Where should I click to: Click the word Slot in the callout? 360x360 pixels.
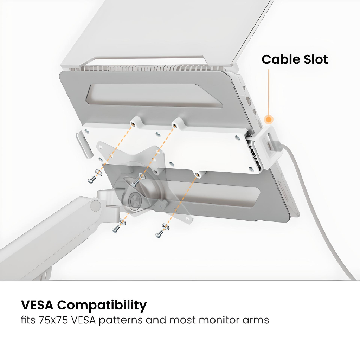(x=315, y=59)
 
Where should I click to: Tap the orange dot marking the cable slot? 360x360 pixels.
(x=269, y=120)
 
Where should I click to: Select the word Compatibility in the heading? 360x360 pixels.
(x=102, y=305)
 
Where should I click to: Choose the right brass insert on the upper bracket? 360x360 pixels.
(x=174, y=125)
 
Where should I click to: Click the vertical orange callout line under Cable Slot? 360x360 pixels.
(x=269, y=91)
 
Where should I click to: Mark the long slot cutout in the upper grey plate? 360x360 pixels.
(x=155, y=95)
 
